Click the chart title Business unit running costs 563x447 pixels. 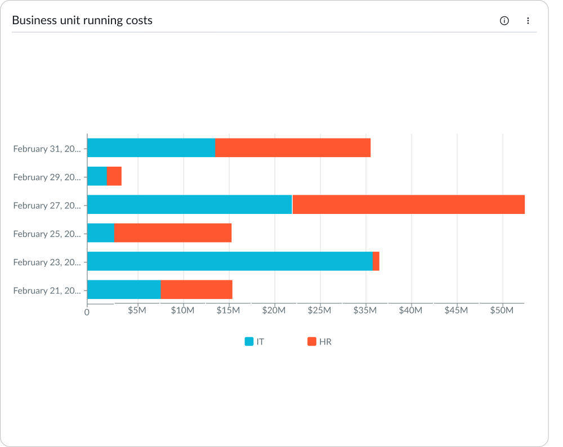tap(82, 21)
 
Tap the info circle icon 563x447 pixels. tap(504, 21)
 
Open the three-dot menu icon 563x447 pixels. tap(528, 21)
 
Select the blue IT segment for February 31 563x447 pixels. tap(151, 148)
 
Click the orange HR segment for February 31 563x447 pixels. tap(293, 148)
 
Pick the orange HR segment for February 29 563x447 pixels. tap(114, 176)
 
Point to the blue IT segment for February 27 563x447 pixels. tap(189, 205)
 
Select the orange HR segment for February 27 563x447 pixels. tap(409, 205)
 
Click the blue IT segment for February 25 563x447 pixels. tap(101, 233)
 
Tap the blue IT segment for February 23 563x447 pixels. tap(230, 261)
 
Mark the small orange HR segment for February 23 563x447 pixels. tap(376, 261)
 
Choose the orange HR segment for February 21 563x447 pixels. tap(196, 290)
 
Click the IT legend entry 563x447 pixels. tap(254, 342)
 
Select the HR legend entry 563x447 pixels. tap(319, 342)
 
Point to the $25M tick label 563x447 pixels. tap(320, 311)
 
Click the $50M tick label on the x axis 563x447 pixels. tap(502, 311)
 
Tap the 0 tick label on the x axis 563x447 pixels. tap(87, 312)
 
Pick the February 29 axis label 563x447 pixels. tap(47, 177)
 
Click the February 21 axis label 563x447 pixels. tap(47, 290)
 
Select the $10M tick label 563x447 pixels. tap(183, 311)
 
